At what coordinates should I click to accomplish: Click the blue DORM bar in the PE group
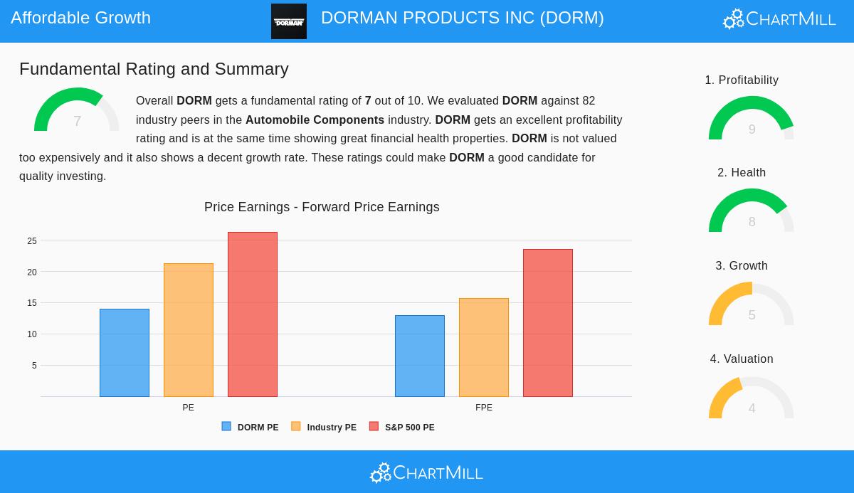tap(125, 353)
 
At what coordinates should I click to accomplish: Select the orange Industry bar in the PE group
tap(189, 330)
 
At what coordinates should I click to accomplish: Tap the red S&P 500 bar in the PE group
tap(253, 314)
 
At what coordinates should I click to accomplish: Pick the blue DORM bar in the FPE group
tap(420, 356)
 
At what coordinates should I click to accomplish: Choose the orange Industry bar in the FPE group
tap(484, 347)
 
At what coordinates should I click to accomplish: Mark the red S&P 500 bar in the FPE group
tap(548, 323)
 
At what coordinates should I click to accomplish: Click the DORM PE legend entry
tap(251, 427)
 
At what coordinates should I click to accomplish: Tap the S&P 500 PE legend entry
tap(402, 427)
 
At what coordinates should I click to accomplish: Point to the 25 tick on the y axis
tap(32, 241)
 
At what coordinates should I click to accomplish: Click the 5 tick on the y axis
tap(34, 366)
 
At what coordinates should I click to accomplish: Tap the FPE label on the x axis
tap(484, 408)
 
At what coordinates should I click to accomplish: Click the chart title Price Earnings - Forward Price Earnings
tap(322, 207)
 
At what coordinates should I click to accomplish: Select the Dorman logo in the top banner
tap(289, 21)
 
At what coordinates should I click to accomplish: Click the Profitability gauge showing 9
tap(752, 119)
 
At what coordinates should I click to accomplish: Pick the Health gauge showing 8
tap(752, 211)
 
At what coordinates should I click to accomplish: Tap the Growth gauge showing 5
tap(752, 304)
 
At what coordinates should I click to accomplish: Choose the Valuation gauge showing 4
tap(752, 398)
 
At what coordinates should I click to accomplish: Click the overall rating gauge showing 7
tap(77, 111)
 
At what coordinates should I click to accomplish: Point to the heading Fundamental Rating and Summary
tap(154, 69)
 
